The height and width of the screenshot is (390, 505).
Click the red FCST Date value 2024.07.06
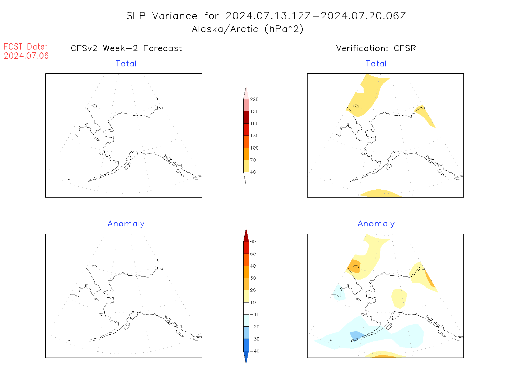(26, 56)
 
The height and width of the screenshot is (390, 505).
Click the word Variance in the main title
(175, 16)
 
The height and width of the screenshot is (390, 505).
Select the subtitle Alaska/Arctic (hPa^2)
(248, 29)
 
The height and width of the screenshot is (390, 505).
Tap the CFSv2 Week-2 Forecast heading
(126, 48)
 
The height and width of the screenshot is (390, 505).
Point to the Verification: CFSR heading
(376, 48)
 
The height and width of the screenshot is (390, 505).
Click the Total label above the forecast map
(126, 64)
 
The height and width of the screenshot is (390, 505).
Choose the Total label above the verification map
(376, 64)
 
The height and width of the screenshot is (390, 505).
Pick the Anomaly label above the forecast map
(126, 224)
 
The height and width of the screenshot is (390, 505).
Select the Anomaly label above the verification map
(376, 224)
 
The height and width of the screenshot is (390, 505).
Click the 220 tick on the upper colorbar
(254, 99)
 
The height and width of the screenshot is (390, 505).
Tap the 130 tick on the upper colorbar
(254, 136)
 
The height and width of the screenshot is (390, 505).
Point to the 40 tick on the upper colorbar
(253, 172)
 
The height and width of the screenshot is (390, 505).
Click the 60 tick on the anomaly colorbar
(253, 242)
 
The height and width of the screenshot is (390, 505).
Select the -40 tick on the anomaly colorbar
(255, 351)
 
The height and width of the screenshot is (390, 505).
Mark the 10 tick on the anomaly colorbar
(253, 303)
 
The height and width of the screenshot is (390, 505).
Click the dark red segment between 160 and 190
(246, 117)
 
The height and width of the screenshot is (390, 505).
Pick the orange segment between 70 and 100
(246, 154)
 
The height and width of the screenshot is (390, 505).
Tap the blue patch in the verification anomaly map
(355, 335)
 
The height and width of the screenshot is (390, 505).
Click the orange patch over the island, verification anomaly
(354, 266)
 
